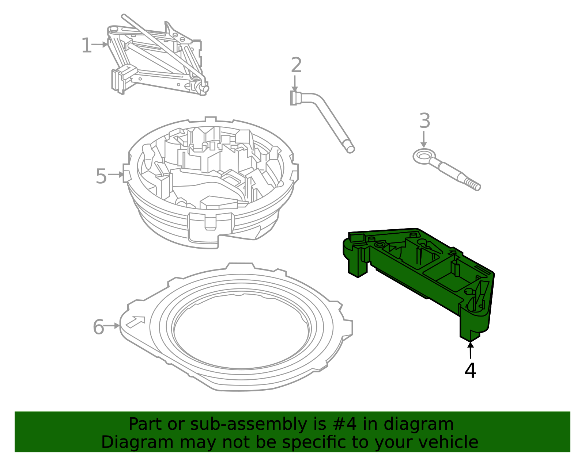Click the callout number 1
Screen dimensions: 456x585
tap(86, 46)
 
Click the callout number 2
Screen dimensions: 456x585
tap(296, 65)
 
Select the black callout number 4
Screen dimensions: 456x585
tap(470, 371)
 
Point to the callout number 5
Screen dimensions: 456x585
tap(101, 176)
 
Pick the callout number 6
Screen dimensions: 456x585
tap(98, 327)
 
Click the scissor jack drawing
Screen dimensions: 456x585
tap(157, 58)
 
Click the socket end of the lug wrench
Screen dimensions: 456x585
tap(295, 98)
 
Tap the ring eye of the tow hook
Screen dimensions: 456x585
tap(424, 157)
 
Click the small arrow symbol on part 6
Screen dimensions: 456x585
tap(135, 322)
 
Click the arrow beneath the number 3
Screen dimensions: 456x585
tap(424, 139)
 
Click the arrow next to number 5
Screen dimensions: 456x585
tap(116, 175)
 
